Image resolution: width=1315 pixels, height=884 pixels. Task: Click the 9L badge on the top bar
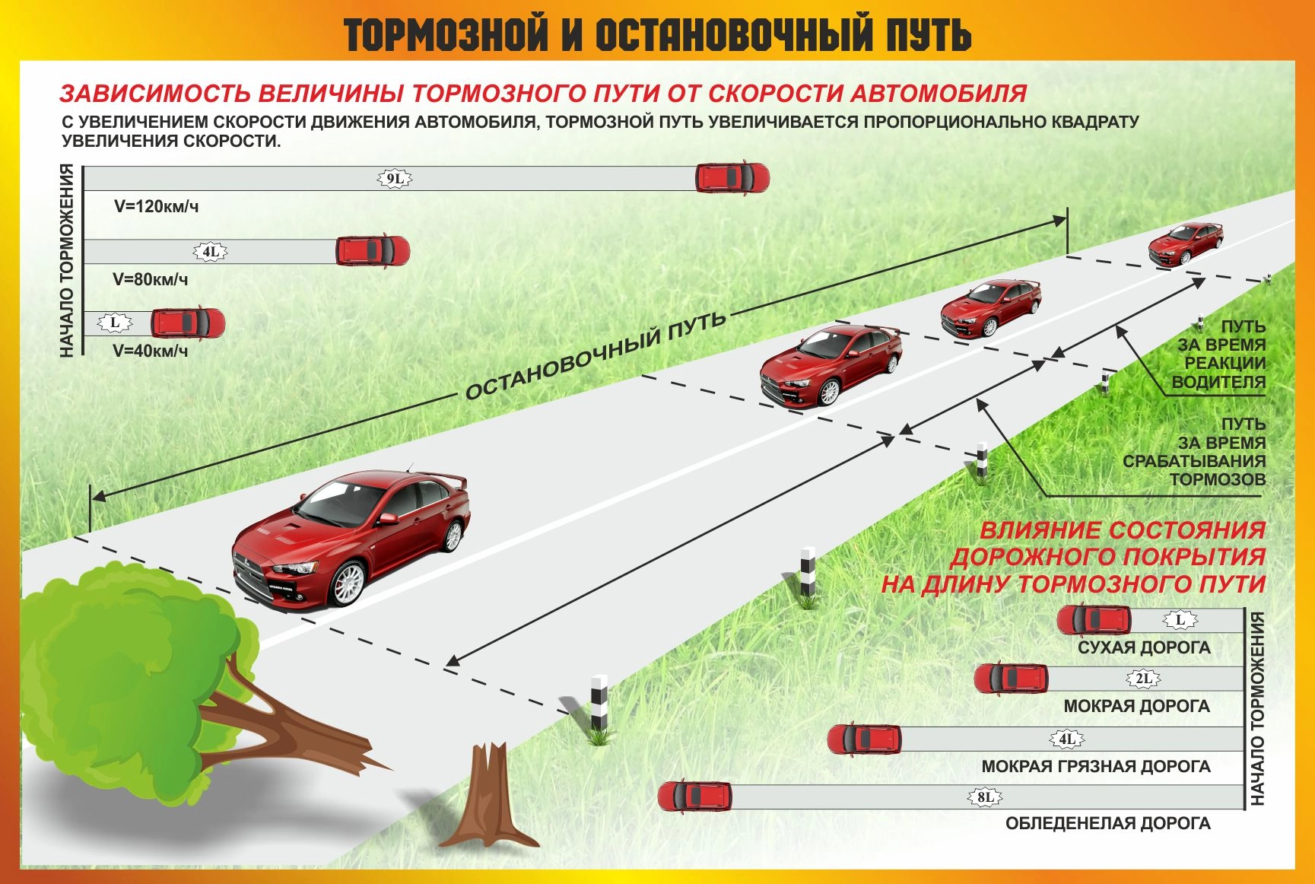(x=395, y=179)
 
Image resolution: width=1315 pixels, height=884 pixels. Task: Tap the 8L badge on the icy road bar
(x=985, y=797)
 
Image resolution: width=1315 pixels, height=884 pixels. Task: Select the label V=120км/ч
(x=156, y=206)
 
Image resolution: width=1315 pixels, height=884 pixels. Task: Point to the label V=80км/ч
(x=151, y=279)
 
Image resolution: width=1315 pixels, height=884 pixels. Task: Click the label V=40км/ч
(x=151, y=351)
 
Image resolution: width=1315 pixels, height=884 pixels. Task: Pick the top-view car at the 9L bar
(x=732, y=178)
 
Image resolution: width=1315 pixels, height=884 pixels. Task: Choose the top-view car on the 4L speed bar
(x=373, y=250)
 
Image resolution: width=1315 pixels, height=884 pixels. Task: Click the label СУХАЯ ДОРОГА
(x=1144, y=647)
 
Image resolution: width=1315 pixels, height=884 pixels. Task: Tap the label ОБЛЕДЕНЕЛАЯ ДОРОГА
(x=1107, y=823)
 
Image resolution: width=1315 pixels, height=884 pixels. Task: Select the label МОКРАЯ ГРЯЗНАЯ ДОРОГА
(x=1095, y=766)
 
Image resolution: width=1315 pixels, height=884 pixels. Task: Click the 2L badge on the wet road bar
(x=1143, y=679)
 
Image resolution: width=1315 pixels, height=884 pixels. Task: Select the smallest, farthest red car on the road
(x=1185, y=243)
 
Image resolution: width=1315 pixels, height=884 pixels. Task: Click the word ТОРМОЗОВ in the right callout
(x=1217, y=479)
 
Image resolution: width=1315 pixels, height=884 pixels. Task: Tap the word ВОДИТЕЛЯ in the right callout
(x=1218, y=382)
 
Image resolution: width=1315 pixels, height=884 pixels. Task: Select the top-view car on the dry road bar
(x=1094, y=620)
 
